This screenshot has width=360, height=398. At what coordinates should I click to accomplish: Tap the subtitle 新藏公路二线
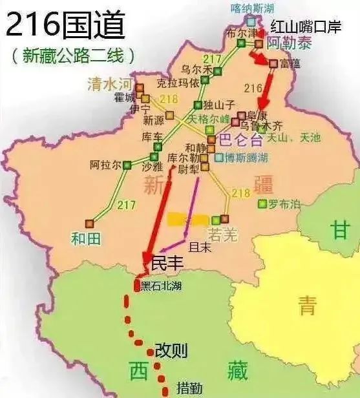pyautogui.click(x=73, y=56)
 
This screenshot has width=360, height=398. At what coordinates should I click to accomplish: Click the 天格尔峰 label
pyautogui.click(x=208, y=120)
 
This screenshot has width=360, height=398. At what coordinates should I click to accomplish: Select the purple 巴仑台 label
pyautogui.click(x=241, y=139)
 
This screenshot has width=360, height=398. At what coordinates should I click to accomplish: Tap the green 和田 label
pyautogui.click(x=85, y=238)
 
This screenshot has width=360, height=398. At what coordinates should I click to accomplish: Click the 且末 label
pyautogui.click(x=195, y=246)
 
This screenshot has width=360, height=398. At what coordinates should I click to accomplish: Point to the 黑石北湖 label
pyautogui.click(x=162, y=285)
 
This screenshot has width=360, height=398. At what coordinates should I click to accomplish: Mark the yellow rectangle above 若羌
pyautogui.click(x=188, y=220)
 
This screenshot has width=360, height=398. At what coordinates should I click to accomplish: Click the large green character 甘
pyautogui.click(x=339, y=229)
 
